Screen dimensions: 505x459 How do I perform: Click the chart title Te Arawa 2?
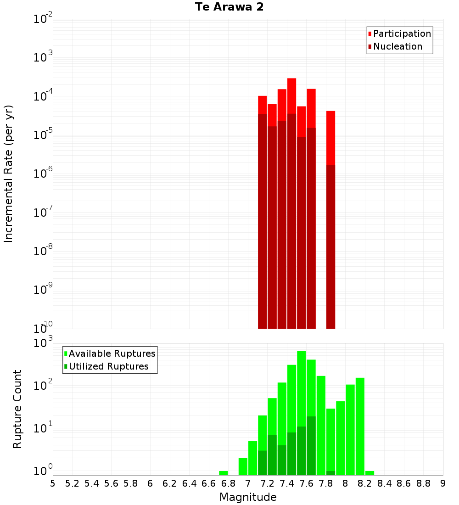click(229, 7)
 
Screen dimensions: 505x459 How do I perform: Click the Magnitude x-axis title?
click(248, 497)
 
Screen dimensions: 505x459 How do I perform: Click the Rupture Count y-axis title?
click(17, 409)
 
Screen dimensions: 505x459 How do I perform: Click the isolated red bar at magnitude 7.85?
click(330, 138)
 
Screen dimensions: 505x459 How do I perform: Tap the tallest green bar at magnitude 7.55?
click(301, 390)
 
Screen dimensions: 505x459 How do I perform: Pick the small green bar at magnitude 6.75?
click(223, 473)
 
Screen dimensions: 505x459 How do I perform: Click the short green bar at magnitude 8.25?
click(369, 473)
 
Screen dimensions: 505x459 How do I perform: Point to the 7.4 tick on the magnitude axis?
click(287, 483)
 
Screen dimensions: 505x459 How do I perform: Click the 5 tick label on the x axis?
click(53, 483)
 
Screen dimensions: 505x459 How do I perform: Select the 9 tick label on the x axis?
click(443, 483)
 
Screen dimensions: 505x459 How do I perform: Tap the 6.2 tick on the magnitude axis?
click(170, 483)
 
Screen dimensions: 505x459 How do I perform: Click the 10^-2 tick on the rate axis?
click(43, 20)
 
